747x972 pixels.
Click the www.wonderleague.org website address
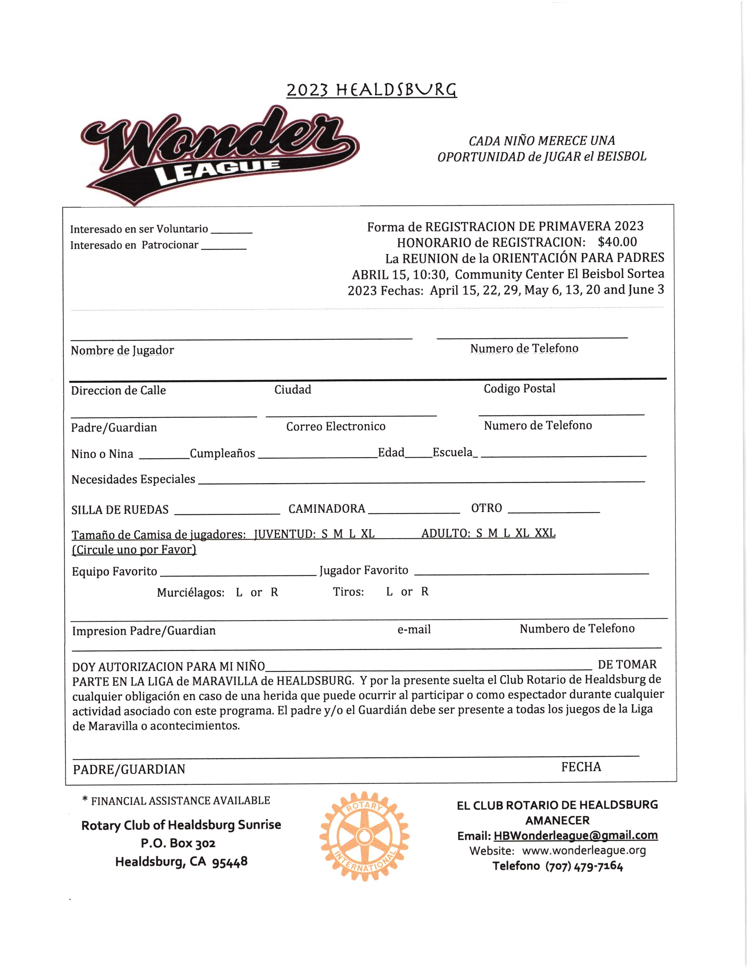click(x=584, y=850)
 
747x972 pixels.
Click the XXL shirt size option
click(x=545, y=533)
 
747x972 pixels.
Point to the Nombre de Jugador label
click(x=122, y=350)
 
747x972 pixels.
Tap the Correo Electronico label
click(x=336, y=426)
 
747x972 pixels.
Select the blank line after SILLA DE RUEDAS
click(x=227, y=513)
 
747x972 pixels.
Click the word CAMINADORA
click(x=326, y=508)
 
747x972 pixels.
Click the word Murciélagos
click(x=190, y=593)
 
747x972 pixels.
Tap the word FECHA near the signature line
click(x=581, y=767)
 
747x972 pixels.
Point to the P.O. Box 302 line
click(x=178, y=843)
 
